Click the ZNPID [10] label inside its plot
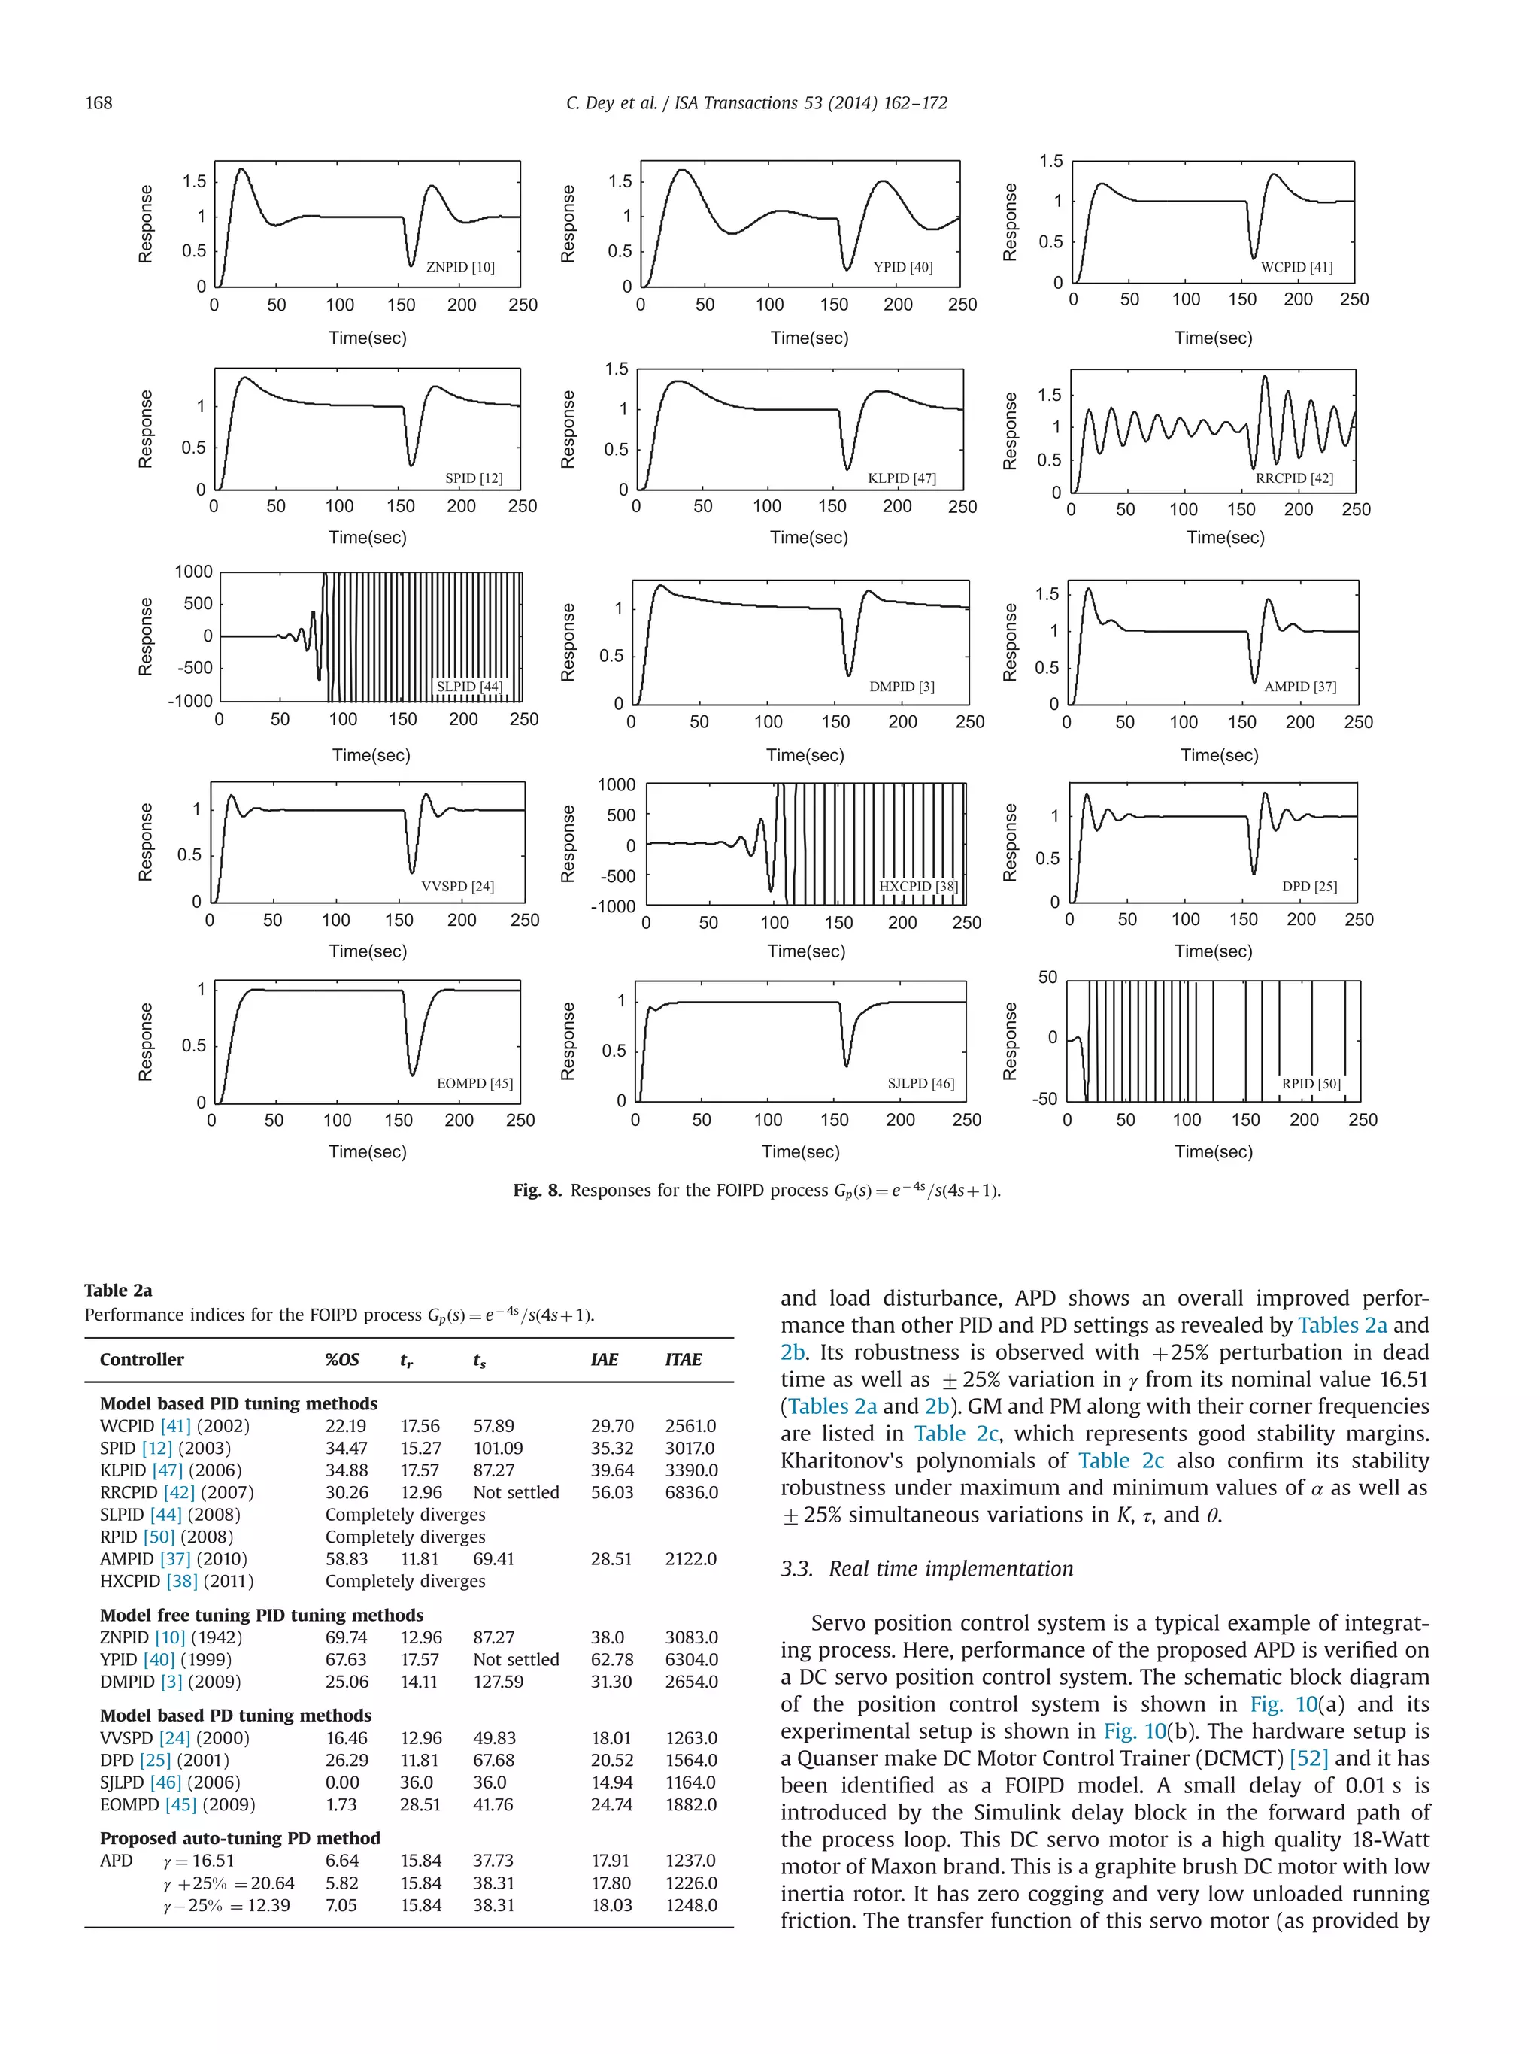click(x=460, y=268)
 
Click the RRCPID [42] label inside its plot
click(x=1294, y=478)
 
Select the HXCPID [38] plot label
click(x=918, y=887)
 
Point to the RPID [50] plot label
click(x=1311, y=1084)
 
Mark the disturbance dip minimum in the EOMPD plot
click(x=413, y=1074)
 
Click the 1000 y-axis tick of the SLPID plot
click(x=194, y=572)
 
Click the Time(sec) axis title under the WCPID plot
click(x=1213, y=338)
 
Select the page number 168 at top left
click(x=99, y=103)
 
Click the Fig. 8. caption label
click(x=538, y=1191)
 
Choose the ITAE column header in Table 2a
click(x=684, y=1359)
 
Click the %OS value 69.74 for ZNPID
click(x=345, y=1637)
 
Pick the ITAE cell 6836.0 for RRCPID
click(x=690, y=1492)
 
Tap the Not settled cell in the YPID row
click(x=516, y=1659)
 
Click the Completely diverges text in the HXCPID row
click(x=405, y=1582)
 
